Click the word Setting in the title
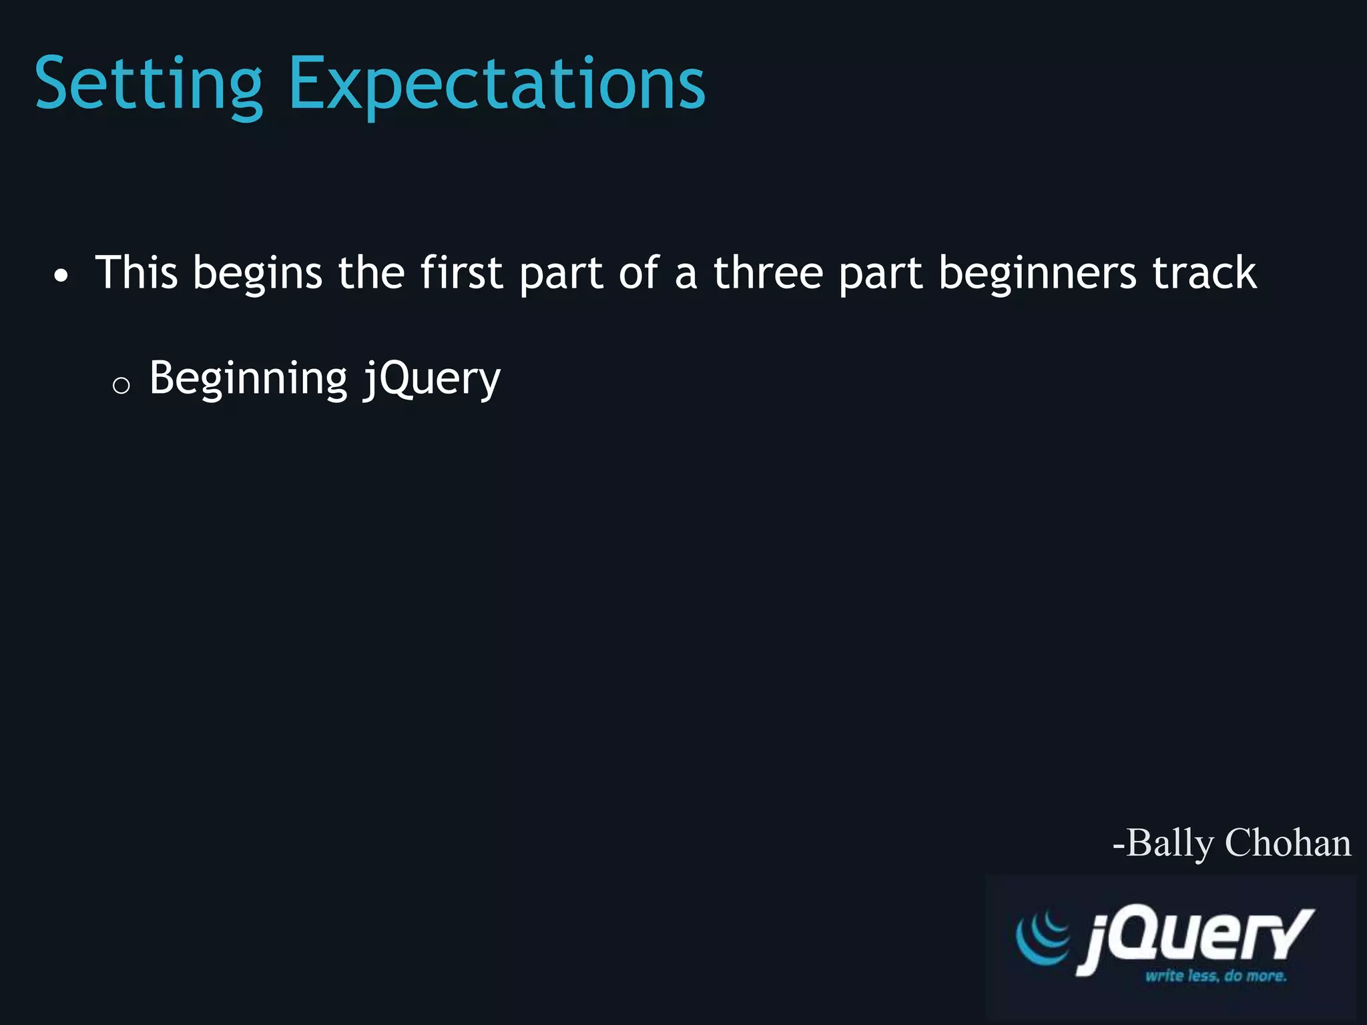click(x=148, y=85)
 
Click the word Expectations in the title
click(x=496, y=85)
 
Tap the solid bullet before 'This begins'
click(x=61, y=276)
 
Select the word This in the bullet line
click(x=137, y=273)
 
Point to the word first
click(x=461, y=273)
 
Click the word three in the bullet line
click(x=768, y=273)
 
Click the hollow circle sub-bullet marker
click(x=121, y=385)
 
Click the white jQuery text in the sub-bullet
click(x=431, y=380)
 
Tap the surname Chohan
click(x=1288, y=843)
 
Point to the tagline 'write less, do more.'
click(x=1215, y=976)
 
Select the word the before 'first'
click(x=371, y=273)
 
